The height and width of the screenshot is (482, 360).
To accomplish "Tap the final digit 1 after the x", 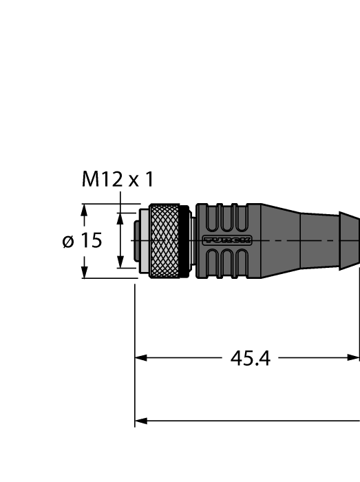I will [149, 180].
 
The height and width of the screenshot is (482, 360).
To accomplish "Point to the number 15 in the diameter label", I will [91, 241].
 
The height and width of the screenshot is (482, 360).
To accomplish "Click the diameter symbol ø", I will [68, 242].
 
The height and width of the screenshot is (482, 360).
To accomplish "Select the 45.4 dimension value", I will [248, 358].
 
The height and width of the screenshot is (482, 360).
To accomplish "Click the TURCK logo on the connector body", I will [226, 240].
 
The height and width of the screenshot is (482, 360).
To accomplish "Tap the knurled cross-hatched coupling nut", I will [165, 241].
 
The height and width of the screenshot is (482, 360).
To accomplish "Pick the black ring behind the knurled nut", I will [184, 241].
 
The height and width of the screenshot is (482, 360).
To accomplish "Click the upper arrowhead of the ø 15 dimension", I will [84, 209].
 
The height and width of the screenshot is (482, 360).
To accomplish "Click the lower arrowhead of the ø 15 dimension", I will [84, 273].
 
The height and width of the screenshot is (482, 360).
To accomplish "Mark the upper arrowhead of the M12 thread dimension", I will [120, 218].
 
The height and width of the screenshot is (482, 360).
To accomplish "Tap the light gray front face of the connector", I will [142, 241].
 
